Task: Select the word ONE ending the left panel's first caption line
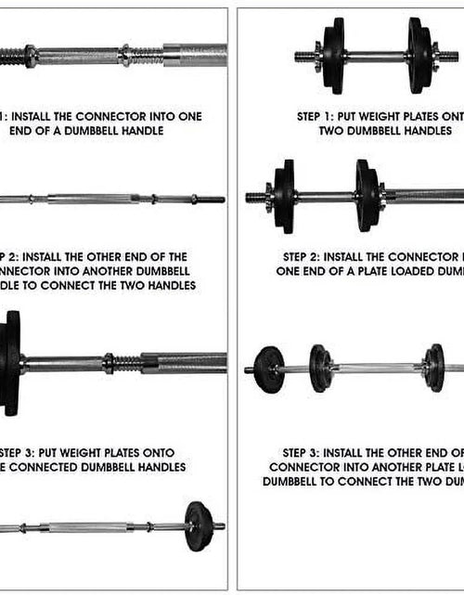coord(187,117)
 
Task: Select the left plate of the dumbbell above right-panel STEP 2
coord(283,197)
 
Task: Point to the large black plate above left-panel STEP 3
coord(11,361)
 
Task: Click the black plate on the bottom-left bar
coord(199,525)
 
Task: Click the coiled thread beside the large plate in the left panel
coord(123,362)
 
